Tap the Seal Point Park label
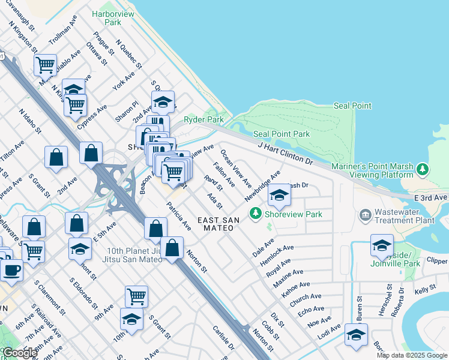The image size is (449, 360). [x=282, y=134]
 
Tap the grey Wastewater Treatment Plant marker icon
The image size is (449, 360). [x=365, y=214]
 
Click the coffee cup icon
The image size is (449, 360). [x=10, y=270]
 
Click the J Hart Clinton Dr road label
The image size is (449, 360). [x=286, y=154]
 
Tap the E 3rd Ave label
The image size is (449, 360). [x=431, y=197]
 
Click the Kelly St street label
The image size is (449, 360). [x=425, y=290]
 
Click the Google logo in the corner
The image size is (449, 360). [x=19, y=353]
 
